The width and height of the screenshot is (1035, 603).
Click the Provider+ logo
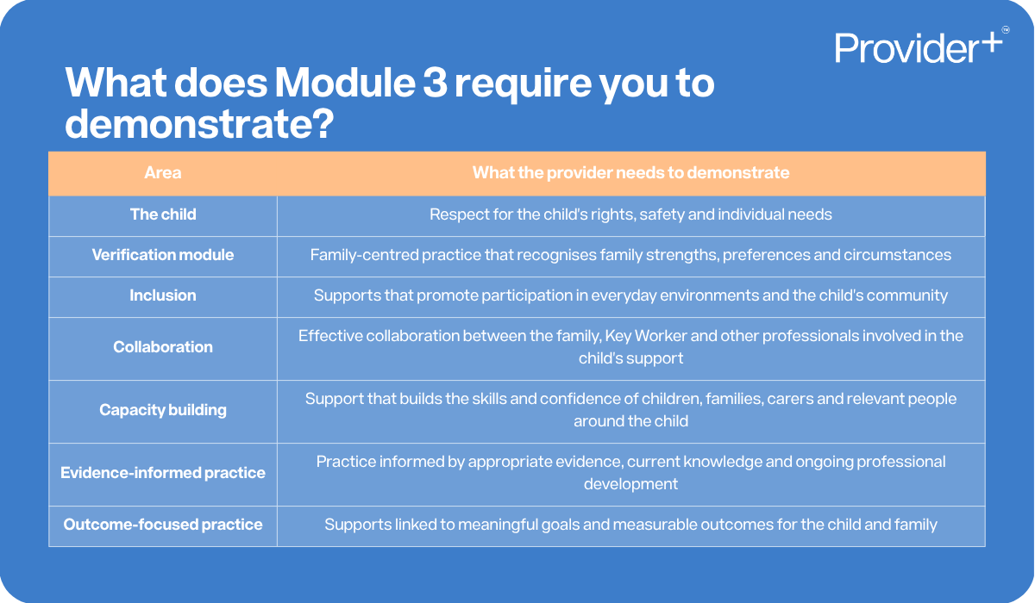point(919,47)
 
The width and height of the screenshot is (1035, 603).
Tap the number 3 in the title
point(435,83)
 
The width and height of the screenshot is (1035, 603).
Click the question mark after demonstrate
point(319,123)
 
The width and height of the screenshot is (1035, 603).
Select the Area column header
point(163,173)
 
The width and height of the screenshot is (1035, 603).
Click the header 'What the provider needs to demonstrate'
point(630,173)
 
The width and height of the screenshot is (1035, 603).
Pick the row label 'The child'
point(163,214)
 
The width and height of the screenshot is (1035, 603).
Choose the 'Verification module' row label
point(163,255)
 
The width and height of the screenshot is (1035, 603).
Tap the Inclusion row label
point(163,295)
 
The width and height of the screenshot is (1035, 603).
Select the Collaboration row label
point(163,347)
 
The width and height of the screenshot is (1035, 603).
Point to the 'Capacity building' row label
point(163,410)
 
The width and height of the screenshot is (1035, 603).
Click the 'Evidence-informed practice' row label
point(163,473)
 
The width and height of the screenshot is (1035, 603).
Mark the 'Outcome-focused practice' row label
point(163,525)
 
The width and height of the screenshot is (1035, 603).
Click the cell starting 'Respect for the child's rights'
point(630,214)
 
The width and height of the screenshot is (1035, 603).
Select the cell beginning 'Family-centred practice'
point(630,255)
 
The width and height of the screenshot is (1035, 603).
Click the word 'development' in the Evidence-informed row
point(630,484)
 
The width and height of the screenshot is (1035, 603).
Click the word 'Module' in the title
point(345,83)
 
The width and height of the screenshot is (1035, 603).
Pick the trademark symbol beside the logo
point(1006,30)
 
